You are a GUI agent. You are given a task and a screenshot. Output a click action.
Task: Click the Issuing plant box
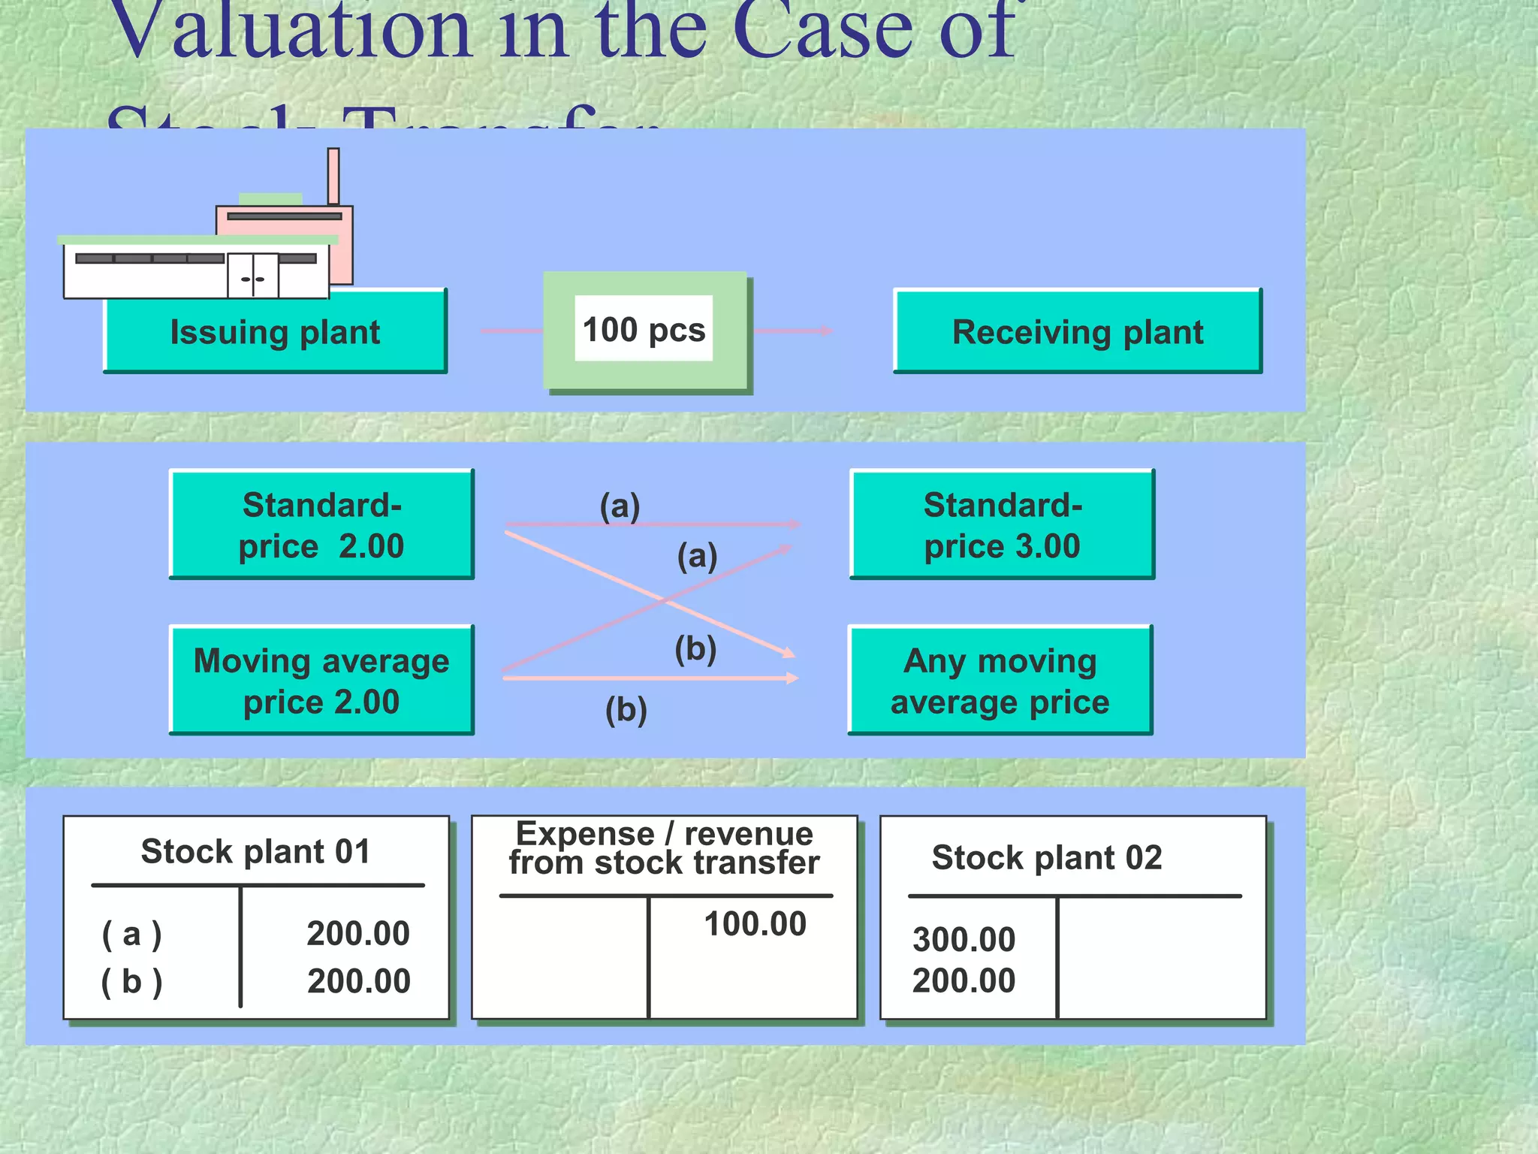click(275, 332)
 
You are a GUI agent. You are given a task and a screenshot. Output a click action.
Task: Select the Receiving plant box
click(1078, 332)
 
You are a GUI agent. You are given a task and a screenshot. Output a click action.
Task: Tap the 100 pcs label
click(644, 330)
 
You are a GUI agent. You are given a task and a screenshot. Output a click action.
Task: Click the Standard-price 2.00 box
click(321, 524)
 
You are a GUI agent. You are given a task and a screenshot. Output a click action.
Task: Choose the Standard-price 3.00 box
click(1002, 524)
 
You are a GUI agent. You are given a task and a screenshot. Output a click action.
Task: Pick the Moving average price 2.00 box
click(321, 680)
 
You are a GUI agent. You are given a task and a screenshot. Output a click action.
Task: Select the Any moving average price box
click(1000, 680)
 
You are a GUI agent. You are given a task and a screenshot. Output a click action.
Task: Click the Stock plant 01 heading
click(255, 852)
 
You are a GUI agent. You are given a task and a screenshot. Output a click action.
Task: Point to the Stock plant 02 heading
click(1047, 858)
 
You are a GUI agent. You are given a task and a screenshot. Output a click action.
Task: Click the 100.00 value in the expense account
click(755, 924)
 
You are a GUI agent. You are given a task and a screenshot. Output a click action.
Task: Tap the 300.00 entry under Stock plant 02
click(964, 940)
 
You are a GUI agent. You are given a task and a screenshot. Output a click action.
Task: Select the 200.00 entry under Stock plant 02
click(964, 981)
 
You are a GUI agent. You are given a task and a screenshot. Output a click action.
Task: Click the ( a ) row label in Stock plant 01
click(131, 935)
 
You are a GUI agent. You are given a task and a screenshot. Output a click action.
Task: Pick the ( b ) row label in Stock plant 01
click(131, 982)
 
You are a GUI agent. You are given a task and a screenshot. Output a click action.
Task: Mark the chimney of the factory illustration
click(333, 176)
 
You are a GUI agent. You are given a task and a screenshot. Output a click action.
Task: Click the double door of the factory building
click(253, 276)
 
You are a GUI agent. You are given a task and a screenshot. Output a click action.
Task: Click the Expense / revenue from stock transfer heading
click(664, 849)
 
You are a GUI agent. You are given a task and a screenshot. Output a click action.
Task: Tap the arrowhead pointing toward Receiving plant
click(826, 331)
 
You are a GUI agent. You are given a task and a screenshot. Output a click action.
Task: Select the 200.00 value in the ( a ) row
click(358, 934)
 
